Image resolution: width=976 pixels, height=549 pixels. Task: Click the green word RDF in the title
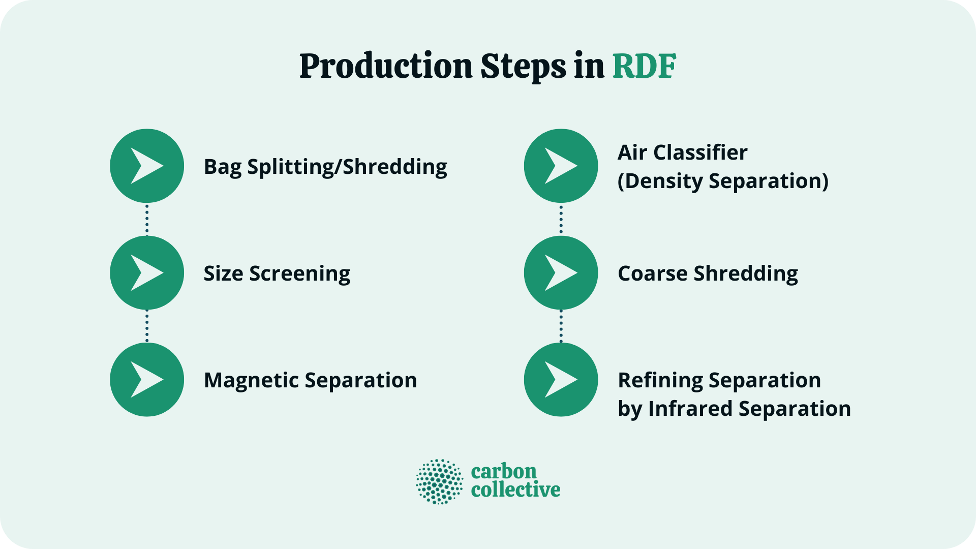[x=644, y=67]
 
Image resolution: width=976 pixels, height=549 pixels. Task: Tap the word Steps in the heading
[x=523, y=67]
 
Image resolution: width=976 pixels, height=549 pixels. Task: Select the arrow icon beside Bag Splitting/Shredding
[x=147, y=166]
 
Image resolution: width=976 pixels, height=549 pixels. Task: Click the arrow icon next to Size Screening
[x=147, y=273]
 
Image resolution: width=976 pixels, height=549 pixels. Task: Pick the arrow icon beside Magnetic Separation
[x=147, y=380]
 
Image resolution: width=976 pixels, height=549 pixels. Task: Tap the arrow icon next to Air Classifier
[x=561, y=166]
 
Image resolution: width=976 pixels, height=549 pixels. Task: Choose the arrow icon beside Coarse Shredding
[x=561, y=273]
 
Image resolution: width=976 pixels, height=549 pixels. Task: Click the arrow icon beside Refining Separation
[x=561, y=380]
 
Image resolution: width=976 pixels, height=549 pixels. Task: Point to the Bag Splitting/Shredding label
[x=325, y=167]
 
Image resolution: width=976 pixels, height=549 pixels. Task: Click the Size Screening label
[x=277, y=273]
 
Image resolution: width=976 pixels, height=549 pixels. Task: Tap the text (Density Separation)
[x=723, y=181]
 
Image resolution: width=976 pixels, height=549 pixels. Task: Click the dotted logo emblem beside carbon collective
[x=440, y=481]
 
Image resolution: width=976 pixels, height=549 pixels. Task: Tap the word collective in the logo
[x=515, y=490]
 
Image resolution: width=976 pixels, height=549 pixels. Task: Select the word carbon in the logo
[x=504, y=471]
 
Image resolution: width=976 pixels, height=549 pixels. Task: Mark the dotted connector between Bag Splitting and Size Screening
[x=147, y=219]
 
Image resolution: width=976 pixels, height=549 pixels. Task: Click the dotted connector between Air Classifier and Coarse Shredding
[x=561, y=219]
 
